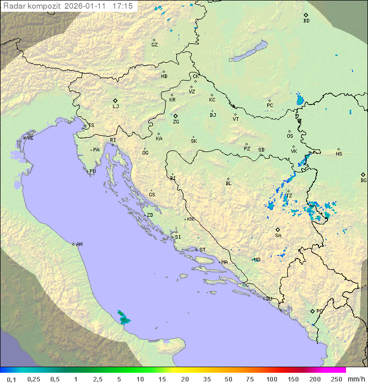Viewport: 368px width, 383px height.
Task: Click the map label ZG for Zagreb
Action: coord(176,122)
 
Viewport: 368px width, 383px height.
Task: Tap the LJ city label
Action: coord(116,107)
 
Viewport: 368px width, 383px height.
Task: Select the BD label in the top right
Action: coord(306,21)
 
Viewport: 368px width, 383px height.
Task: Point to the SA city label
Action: coord(278,235)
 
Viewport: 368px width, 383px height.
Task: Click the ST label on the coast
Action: coord(202,250)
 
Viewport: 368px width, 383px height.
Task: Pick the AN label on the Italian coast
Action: coord(79,244)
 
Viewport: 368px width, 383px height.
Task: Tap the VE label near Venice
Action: coord(30,138)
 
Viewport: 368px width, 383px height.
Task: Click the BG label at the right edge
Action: coord(363,180)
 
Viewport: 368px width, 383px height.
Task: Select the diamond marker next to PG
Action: coord(312,311)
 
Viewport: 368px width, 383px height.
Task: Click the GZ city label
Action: coord(154,45)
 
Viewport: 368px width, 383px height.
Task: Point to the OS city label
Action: coord(290,136)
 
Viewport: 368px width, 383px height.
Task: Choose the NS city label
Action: coord(339,154)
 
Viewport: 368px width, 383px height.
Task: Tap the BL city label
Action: coord(228,183)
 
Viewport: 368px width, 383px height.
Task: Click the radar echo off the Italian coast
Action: coord(123,318)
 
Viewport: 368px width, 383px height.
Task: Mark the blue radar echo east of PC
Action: coord(300,99)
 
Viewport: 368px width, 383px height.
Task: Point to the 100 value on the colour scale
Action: coord(271,379)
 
